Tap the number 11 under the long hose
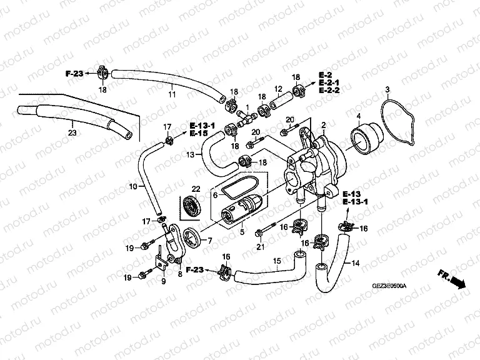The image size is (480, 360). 172,95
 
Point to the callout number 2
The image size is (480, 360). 324,126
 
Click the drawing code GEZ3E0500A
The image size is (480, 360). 389,286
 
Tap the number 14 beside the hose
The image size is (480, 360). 355,263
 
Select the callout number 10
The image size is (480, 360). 132,186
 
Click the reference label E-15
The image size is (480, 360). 199,133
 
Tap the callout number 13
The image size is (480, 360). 191,154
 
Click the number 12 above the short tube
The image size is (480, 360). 278,89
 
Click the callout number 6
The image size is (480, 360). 214,195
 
